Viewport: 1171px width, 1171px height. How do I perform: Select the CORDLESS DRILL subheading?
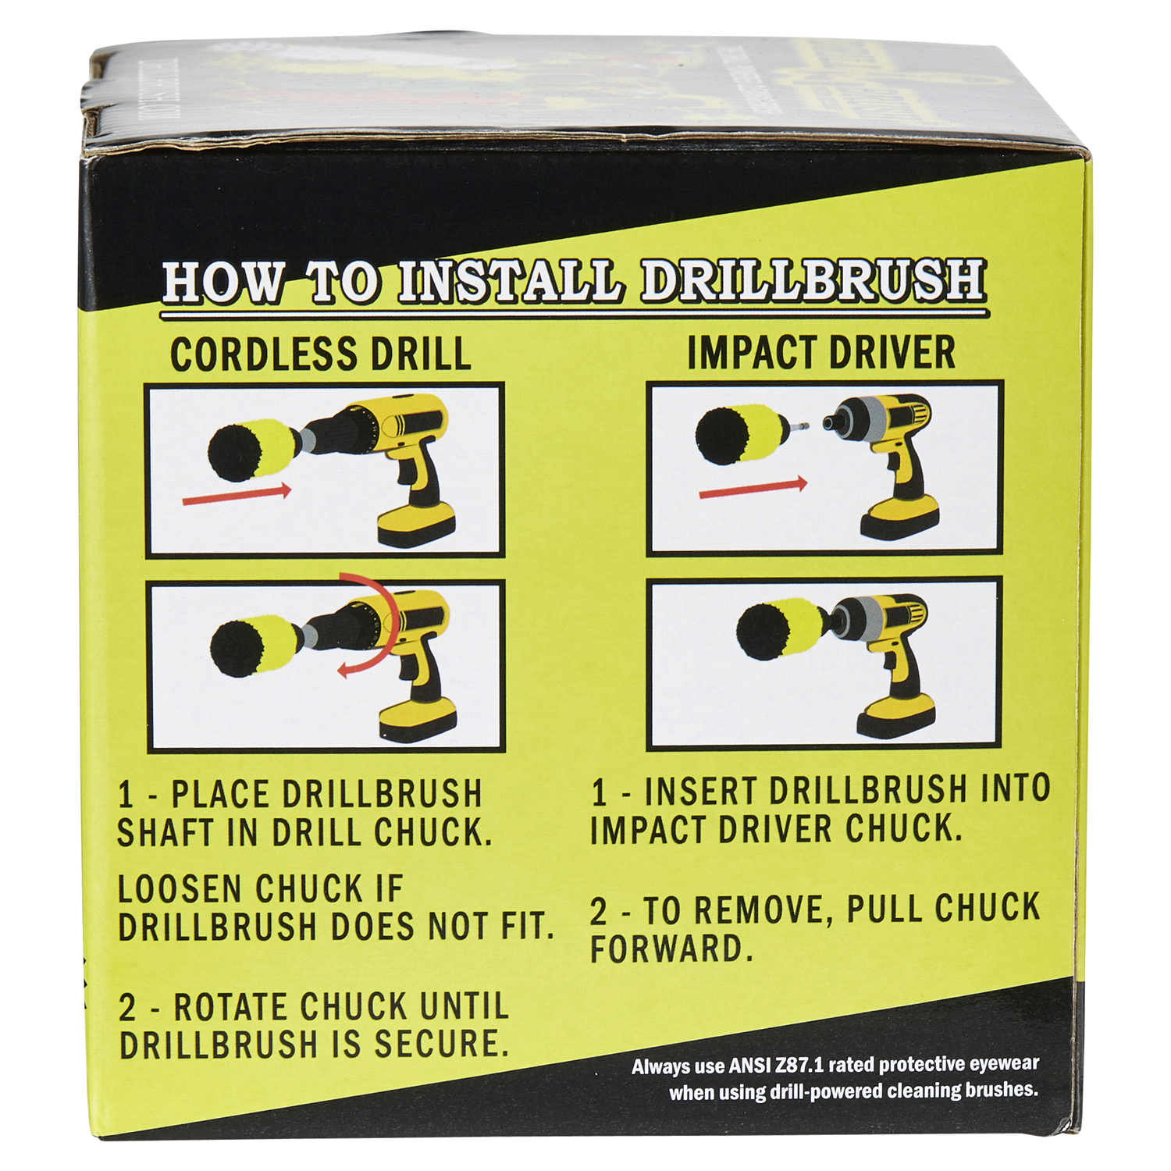click(320, 354)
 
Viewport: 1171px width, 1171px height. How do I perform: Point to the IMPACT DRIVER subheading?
click(821, 352)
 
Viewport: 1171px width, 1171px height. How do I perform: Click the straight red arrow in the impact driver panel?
click(753, 489)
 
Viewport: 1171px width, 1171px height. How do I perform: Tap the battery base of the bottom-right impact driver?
click(896, 716)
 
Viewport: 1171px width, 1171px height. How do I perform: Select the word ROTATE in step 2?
click(231, 1007)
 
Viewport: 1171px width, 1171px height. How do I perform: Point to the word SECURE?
click(441, 1045)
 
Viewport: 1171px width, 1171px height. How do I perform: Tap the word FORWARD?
click(671, 949)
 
